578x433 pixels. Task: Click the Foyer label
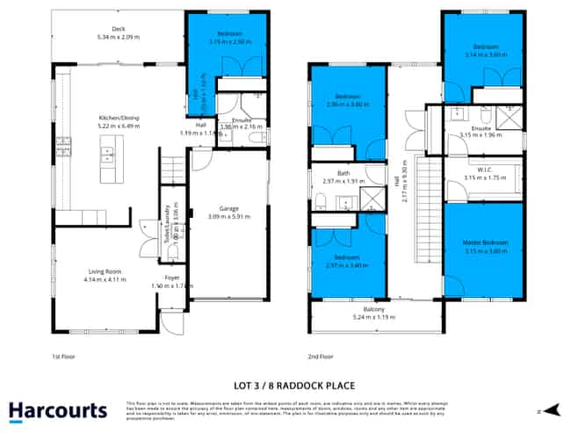(171, 278)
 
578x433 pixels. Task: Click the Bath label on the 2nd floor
(343, 173)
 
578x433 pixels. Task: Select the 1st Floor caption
(61, 357)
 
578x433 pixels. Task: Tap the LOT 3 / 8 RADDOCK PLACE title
(288, 384)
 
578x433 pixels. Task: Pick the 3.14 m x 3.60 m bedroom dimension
(485, 54)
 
